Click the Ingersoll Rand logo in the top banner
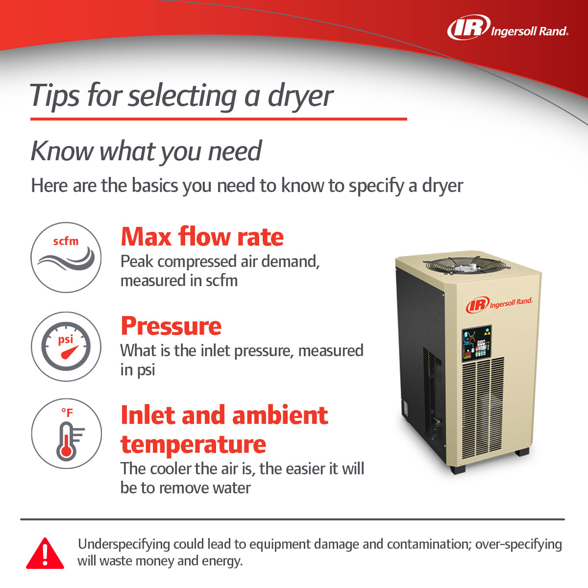tap(508, 28)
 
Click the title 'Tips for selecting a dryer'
tap(181, 95)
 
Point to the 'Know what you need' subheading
tap(146, 151)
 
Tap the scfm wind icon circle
tap(66, 257)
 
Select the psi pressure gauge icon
tap(66, 346)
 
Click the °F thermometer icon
tap(66, 434)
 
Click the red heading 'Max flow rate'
tap(202, 237)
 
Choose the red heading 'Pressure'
tap(171, 326)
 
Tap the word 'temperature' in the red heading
tap(193, 444)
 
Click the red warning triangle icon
tap(45, 554)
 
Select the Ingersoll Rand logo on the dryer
tap(499, 304)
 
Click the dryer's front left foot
tap(458, 468)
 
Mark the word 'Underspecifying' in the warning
tap(124, 544)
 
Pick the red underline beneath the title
tap(219, 119)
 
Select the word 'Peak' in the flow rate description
tap(137, 262)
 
